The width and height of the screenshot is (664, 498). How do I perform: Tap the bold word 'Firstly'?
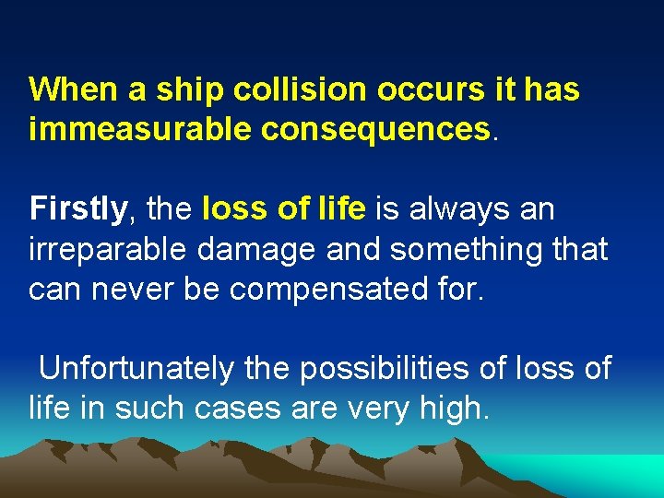(77, 209)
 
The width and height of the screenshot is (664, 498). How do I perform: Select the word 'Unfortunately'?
(136, 369)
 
